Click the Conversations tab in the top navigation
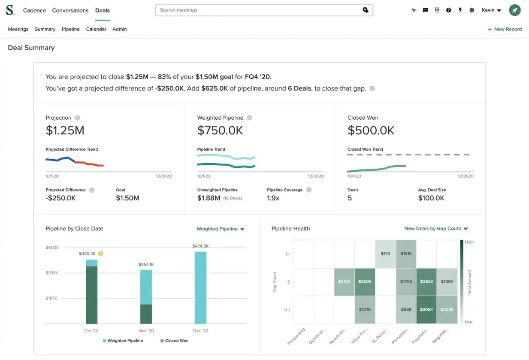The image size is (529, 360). [x=70, y=10]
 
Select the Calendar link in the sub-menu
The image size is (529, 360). [x=96, y=29]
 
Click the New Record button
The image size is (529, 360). [x=505, y=29]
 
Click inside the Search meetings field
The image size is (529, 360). [x=257, y=10]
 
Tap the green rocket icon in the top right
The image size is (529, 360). [x=515, y=10]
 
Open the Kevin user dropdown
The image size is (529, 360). [x=491, y=10]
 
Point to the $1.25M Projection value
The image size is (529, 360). [x=65, y=130]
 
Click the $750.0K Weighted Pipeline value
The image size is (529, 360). [x=220, y=130]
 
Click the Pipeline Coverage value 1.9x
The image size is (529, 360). [x=273, y=198]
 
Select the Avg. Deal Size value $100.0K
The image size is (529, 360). [x=431, y=198]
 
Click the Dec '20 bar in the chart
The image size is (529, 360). [x=200, y=287]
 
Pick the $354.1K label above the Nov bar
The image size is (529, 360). [x=146, y=265]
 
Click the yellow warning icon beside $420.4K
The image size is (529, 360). [x=100, y=254]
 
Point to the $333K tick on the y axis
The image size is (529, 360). [x=52, y=273]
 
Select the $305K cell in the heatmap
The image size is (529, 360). [x=426, y=309]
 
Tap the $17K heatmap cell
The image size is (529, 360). [x=385, y=254]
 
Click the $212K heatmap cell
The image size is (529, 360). [x=344, y=282]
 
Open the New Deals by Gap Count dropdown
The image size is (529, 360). [x=435, y=229]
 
